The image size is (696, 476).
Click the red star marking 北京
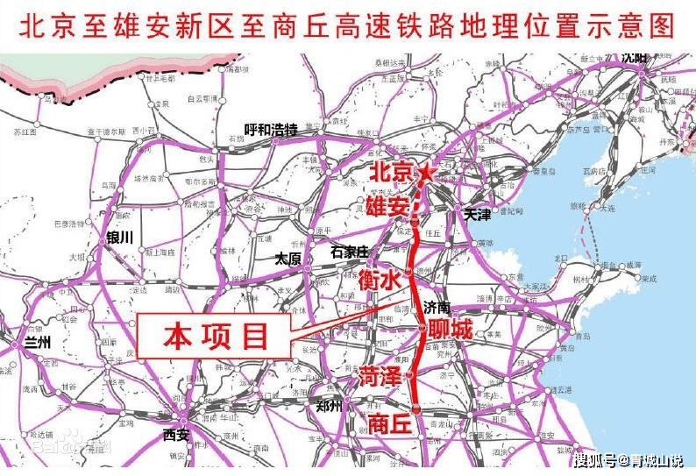(x=426, y=173)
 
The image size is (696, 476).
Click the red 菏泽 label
(x=380, y=377)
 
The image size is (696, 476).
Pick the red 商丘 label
(x=390, y=423)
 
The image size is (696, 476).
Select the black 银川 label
(x=118, y=238)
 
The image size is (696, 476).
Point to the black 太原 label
(x=288, y=259)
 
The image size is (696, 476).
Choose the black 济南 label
(x=437, y=308)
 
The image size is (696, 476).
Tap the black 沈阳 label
(x=633, y=58)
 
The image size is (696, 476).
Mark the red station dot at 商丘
(x=417, y=406)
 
